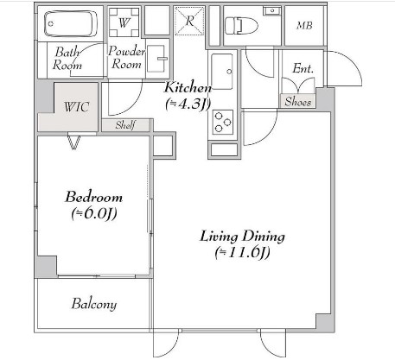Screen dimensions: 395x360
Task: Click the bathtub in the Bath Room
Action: pyautogui.click(x=70, y=23)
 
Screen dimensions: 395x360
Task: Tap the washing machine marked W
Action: pyautogui.click(x=124, y=22)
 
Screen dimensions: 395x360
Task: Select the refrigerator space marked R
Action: pyautogui.click(x=189, y=21)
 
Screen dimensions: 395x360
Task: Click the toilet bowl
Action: pyautogui.click(x=241, y=25)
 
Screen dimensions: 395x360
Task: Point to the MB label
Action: pyautogui.click(x=304, y=26)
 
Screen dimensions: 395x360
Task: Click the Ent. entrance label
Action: pyautogui.click(x=303, y=68)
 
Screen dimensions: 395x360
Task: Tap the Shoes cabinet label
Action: pyautogui.click(x=298, y=102)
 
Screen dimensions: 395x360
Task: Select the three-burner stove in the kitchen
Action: pyautogui.click(x=223, y=123)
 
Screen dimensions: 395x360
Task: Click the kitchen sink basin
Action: pyautogui.click(x=222, y=72)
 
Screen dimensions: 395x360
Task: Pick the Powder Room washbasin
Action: pyautogui.click(x=156, y=59)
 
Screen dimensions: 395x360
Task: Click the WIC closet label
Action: pyautogui.click(x=76, y=107)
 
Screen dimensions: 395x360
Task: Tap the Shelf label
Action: pyautogui.click(x=125, y=125)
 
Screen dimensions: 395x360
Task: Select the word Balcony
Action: pyautogui.click(x=94, y=304)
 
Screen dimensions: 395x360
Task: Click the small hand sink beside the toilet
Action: pyautogui.click(x=271, y=10)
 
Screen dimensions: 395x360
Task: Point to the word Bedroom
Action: pyautogui.click(x=94, y=197)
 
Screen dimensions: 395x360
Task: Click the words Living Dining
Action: pyautogui.click(x=242, y=237)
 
